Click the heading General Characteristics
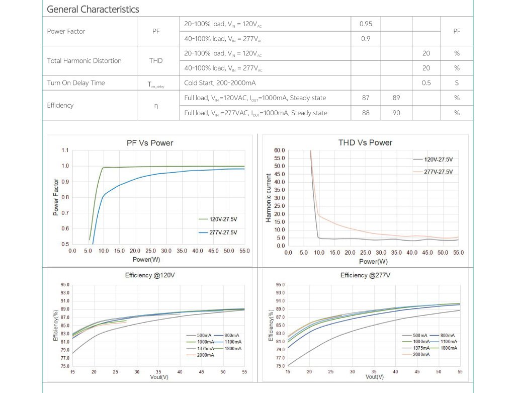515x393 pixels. pos(93,9)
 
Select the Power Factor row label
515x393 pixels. pos(66,31)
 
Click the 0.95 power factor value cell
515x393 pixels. pos(366,24)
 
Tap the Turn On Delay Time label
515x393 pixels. pos(76,83)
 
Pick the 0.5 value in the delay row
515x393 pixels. pos(426,83)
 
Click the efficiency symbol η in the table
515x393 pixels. pos(156,105)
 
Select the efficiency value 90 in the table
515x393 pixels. pos(396,113)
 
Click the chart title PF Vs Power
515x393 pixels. pos(150,143)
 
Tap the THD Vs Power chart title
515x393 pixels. pos(365,143)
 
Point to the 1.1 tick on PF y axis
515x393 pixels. pos(65,150)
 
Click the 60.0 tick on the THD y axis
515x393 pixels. pos(280,150)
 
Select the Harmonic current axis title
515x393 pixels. pos(269,198)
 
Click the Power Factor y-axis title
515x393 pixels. pos(56,198)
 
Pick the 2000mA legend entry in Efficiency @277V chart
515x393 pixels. pos(421,354)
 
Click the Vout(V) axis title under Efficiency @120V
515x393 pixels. pos(159,376)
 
